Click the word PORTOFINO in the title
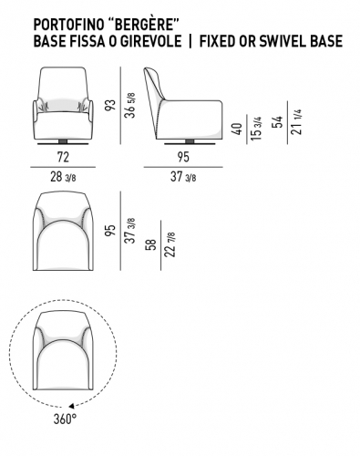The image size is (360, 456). click(x=68, y=25)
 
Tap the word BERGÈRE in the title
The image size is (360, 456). click(x=142, y=25)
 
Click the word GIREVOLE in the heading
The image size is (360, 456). click(x=150, y=41)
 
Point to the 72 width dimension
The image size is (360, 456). click(x=63, y=157)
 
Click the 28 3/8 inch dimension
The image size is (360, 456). click(x=63, y=177)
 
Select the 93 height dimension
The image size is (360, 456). click(x=111, y=105)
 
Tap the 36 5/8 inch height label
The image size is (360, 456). click(x=129, y=105)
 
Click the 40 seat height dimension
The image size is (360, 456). click(x=237, y=129)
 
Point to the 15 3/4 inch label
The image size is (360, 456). click(x=256, y=129)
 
